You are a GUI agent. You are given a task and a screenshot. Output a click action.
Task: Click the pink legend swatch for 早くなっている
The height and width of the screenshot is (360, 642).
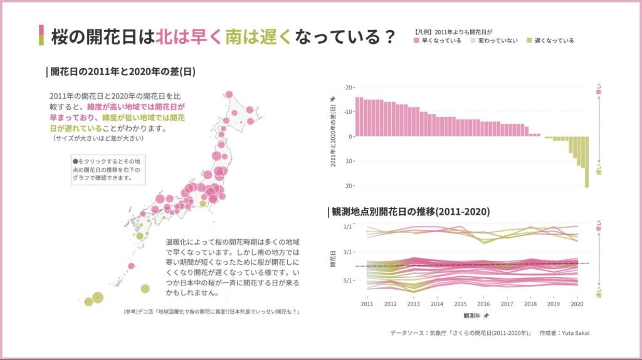pos(417,41)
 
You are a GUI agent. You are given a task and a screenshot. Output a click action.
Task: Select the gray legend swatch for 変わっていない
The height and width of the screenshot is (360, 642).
pos(473,41)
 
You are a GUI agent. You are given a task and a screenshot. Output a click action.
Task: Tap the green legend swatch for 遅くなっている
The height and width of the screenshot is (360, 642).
pos(530,41)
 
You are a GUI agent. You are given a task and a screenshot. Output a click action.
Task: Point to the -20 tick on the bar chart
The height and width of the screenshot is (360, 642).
pos(348,87)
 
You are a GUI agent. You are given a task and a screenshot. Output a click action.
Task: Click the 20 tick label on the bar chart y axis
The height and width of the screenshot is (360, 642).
pos(349,186)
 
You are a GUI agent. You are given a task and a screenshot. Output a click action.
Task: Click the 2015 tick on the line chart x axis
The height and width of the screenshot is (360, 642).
pos(460,304)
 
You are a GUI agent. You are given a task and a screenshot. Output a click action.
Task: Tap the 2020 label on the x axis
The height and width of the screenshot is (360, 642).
pos(577,304)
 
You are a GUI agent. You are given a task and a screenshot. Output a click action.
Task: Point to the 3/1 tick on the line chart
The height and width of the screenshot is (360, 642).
pos(348,252)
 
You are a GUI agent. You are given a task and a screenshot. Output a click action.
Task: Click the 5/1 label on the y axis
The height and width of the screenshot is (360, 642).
pos(348,280)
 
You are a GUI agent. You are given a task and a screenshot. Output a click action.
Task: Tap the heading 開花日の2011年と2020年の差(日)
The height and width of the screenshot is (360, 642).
pos(123,71)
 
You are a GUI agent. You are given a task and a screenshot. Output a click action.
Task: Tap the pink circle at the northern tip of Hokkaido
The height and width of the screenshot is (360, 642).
pos(229,95)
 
